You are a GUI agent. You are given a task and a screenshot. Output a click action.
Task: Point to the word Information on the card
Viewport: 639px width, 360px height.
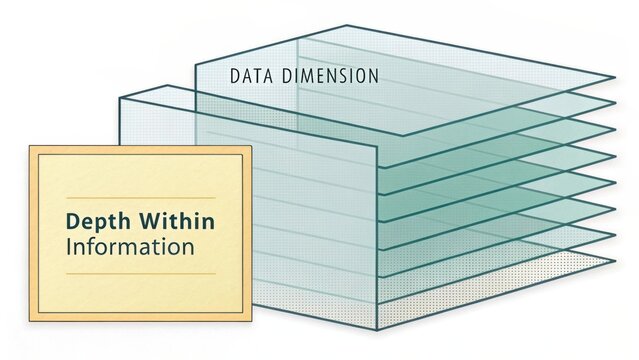(x=129, y=246)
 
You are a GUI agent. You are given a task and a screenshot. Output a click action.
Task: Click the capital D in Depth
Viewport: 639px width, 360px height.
(x=72, y=221)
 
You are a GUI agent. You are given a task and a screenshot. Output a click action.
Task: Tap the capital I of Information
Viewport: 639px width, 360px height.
(x=68, y=246)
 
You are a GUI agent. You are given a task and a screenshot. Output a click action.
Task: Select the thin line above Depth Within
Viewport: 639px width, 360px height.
(x=140, y=198)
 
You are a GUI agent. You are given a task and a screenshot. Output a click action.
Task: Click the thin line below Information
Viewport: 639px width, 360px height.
(x=140, y=273)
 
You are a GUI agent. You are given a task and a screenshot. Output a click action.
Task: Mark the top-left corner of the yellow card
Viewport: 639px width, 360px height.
(x=29, y=147)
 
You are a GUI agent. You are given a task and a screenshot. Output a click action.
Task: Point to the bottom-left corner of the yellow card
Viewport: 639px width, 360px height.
(x=29, y=321)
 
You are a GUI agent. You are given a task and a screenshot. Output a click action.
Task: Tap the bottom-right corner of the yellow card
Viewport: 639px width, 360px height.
(x=251, y=321)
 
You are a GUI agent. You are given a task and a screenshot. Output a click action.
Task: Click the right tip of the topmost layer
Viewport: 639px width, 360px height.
(x=614, y=77)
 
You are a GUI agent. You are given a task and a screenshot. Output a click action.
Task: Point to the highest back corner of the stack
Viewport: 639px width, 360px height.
(x=347, y=26)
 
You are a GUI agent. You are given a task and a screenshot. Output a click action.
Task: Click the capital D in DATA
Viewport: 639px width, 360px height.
(x=235, y=75)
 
